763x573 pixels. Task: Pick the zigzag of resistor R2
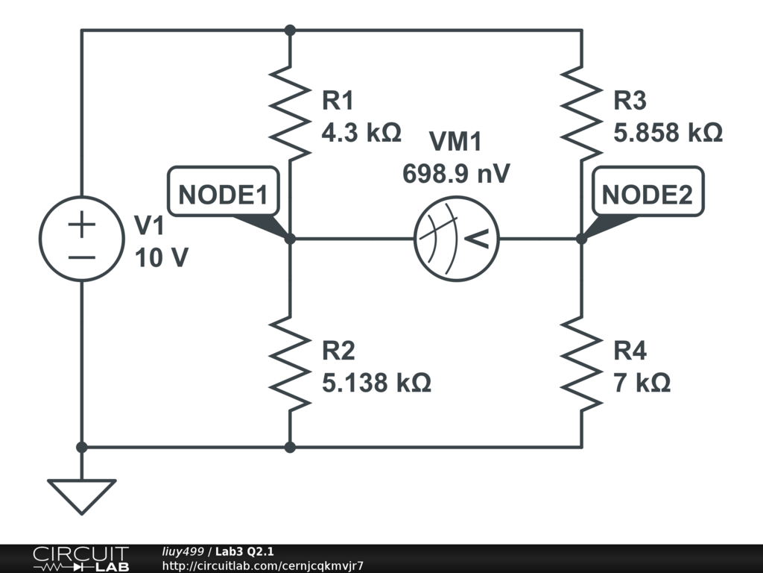[x=290, y=363]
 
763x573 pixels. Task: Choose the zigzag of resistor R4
[x=581, y=363]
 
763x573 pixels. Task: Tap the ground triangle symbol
[x=82, y=496]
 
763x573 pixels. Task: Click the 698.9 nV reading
[x=456, y=173]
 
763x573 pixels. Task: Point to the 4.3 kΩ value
[x=361, y=132]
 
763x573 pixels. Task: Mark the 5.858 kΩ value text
[x=668, y=132]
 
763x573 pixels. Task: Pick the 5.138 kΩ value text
[x=376, y=383]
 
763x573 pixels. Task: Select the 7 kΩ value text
[x=642, y=383]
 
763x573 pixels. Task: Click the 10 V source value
[x=162, y=257]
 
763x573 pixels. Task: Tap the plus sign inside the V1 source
[x=82, y=225]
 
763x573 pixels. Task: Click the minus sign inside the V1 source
[x=82, y=257]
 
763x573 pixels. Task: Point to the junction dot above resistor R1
[x=290, y=30]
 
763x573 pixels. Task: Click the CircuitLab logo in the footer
[x=80, y=559]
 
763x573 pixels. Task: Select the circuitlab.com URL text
[x=263, y=566]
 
